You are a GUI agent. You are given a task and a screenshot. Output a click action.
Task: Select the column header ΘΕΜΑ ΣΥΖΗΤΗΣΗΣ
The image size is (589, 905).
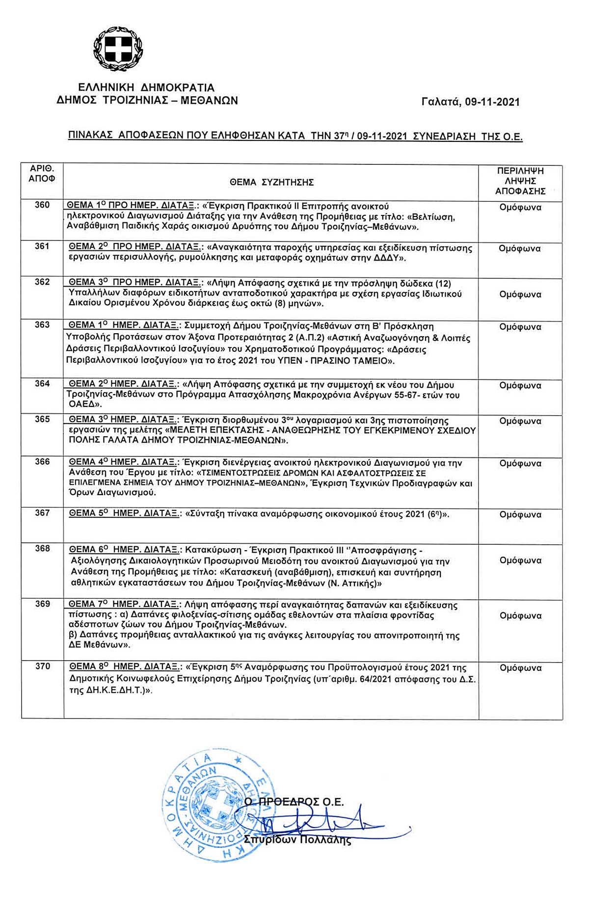(271, 183)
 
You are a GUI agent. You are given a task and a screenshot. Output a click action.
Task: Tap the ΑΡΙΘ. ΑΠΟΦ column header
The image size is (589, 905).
(42, 174)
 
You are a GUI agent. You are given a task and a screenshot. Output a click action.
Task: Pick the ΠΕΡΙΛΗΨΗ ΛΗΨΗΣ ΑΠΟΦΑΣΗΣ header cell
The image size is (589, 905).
(520, 181)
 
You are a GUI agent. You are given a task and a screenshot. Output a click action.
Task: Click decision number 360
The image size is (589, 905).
(42, 205)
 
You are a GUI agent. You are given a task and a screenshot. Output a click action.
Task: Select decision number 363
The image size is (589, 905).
(42, 325)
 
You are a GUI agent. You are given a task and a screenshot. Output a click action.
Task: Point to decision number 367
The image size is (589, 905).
(42, 513)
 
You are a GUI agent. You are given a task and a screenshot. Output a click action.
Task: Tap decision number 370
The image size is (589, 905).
(42, 666)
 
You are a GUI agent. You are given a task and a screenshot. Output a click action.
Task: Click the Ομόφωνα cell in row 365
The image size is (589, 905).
(520, 421)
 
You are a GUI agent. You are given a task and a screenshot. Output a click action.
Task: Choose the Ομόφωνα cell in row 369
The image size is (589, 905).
(520, 615)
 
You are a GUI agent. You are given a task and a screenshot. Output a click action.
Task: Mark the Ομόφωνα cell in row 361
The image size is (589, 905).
(520, 248)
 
